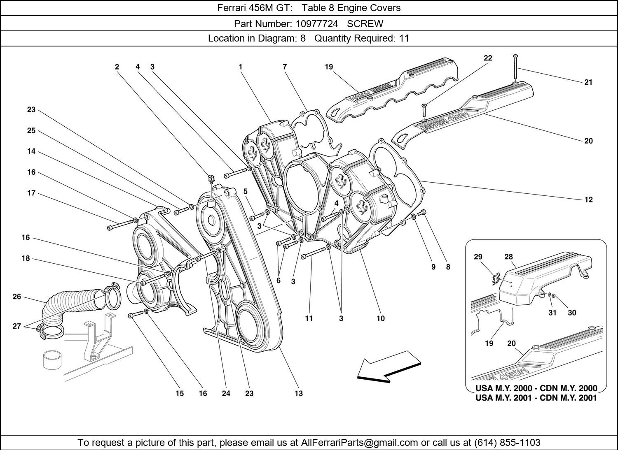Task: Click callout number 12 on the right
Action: coord(588,199)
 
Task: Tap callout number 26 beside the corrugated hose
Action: coord(17,297)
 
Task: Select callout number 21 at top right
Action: coord(588,82)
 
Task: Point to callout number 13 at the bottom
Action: coord(299,394)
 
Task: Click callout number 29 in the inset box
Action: coord(478,257)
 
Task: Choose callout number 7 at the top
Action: coord(285,67)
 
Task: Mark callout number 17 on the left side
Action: coord(31,193)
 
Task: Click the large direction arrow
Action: coord(389,366)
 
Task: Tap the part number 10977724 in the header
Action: coord(317,24)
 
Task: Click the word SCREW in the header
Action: coord(365,24)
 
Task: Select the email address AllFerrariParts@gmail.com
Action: coord(360,442)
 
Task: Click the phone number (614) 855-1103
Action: coord(507,442)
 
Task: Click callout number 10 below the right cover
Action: coord(381,319)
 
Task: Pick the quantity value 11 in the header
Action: coord(404,38)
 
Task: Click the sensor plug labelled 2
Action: coord(211,179)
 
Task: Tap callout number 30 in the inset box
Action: coord(572,313)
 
